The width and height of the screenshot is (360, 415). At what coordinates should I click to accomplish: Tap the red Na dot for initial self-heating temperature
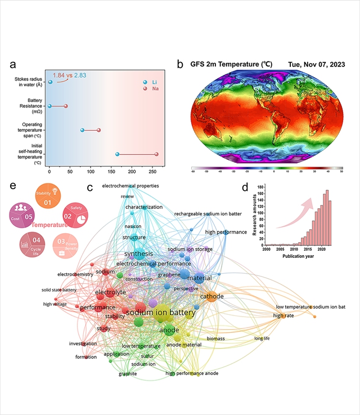tap(156, 154)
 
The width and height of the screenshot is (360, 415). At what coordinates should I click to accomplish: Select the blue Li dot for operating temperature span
tap(82, 130)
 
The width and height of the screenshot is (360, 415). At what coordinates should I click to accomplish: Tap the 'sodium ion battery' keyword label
tap(160, 313)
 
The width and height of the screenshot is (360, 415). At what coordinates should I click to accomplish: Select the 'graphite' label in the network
tap(128, 373)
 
